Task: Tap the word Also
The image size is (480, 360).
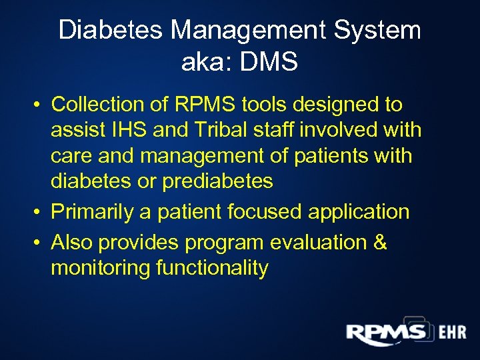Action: pyautogui.click(x=75, y=242)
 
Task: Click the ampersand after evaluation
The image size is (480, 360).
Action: pyautogui.click(x=380, y=242)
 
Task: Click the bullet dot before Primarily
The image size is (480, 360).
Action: pyautogui.click(x=40, y=213)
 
